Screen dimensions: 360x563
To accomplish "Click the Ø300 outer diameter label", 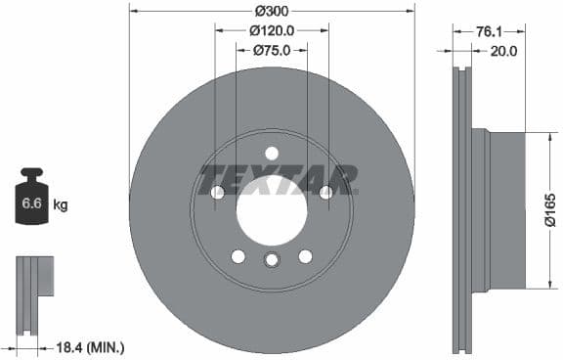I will (271, 12).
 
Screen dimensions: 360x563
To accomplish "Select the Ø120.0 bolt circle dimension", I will (271, 31).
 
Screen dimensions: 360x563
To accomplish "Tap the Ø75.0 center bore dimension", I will (271, 50).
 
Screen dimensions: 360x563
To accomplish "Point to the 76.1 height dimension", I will (484, 31).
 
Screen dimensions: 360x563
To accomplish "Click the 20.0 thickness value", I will (502, 51).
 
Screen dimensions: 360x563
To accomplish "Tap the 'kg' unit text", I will (60, 205).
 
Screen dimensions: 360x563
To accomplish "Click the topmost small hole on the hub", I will (272, 152).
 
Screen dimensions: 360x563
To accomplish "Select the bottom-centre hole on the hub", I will (272, 259).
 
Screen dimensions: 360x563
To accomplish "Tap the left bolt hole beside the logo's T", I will (217, 193).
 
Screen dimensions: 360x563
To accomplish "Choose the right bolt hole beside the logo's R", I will (326, 193).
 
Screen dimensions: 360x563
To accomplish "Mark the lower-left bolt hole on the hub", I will (238, 256).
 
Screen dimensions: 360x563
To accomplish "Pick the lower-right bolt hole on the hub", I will (305, 256).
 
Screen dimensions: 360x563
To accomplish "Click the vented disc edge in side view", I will (461, 209).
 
